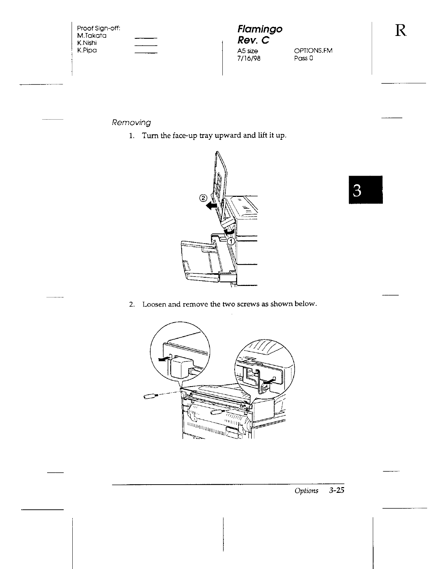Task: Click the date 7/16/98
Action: coord(246,58)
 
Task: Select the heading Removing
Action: coord(131,123)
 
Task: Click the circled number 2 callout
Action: coord(203,198)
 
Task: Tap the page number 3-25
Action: coord(336,491)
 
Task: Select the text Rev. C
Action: coord(253,40)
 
